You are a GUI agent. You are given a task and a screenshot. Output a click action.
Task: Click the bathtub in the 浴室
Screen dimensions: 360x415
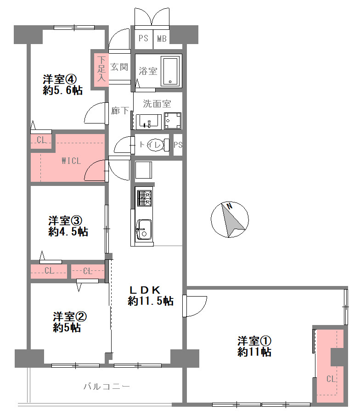point(170,71)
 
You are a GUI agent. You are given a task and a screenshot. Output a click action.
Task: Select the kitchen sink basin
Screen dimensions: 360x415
point(144,229)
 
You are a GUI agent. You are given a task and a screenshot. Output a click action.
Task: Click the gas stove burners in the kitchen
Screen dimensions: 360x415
point(145,198)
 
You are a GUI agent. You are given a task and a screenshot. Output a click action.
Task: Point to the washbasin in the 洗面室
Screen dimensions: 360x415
point(148,122)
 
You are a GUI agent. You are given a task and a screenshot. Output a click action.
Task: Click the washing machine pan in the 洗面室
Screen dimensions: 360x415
point(173,121)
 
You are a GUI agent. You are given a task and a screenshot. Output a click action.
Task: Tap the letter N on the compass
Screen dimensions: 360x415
point(230,206)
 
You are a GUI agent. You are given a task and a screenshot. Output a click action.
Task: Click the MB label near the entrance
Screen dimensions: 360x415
point(162,39)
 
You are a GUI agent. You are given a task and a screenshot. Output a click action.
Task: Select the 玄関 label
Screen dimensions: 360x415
point(119,67)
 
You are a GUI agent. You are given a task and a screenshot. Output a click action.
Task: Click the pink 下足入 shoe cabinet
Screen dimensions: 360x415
point(101,68)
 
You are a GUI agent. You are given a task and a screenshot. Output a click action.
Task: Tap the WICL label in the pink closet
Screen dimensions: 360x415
point(71,161)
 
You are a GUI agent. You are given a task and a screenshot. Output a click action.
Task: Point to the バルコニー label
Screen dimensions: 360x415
point(107,387)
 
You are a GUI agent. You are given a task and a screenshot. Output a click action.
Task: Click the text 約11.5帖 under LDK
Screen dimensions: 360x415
point(151,301)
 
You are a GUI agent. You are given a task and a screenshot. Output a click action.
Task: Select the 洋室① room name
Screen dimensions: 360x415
point(254,341)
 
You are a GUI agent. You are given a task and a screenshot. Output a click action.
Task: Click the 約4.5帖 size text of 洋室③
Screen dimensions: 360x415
point(68,231)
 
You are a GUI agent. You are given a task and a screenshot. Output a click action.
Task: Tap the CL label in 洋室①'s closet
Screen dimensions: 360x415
point(331,379)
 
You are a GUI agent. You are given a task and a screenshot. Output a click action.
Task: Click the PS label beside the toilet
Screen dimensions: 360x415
point(178,145)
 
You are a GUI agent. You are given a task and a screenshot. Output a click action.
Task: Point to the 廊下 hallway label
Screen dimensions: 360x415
point(120,110)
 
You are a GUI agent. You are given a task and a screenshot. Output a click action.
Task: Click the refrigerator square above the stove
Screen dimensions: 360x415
point(144,170)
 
